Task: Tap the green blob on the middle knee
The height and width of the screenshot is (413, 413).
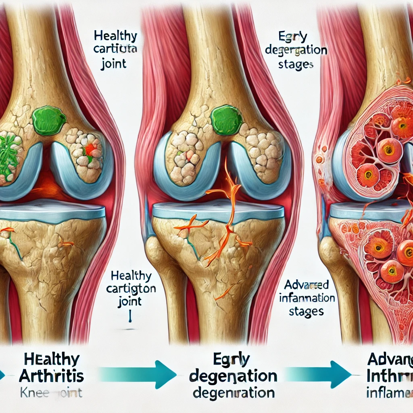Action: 226,120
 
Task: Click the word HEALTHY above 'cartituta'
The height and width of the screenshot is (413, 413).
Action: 115,36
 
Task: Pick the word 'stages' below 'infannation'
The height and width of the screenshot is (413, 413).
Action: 304,311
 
